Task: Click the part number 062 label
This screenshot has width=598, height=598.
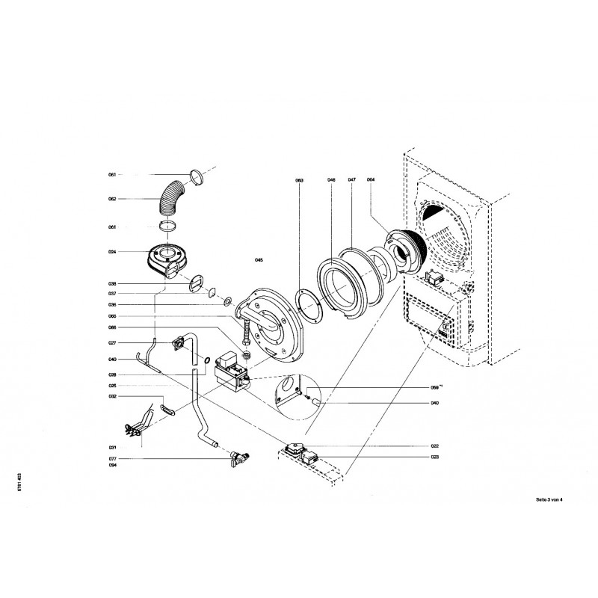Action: tap(112, 200)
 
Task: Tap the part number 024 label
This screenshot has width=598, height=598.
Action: tap(112, 252)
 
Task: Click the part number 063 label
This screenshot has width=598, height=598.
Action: tap(299, 181)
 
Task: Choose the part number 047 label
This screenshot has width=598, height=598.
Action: tap(351, 181)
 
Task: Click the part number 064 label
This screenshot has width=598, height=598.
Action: tap(371, 181)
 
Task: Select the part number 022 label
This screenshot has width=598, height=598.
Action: tap(434, 446)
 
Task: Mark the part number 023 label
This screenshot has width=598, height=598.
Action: tap(434, 457)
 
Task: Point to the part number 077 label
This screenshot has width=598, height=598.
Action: tap(112, 457)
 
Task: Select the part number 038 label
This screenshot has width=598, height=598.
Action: tap(112, 284)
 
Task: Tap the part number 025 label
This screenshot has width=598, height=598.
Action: tap(112, 386)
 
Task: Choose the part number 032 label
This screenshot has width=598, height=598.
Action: tap(112, 397)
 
